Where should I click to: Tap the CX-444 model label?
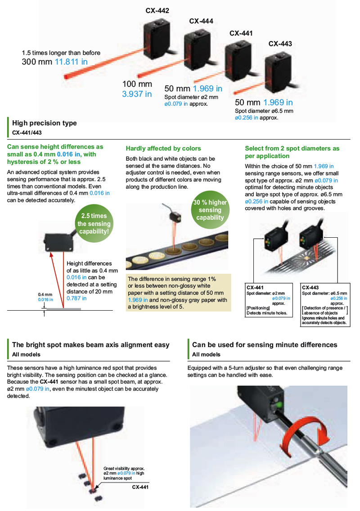pyautogui.click(x=201, y=21)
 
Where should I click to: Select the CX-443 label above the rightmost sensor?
pyautogui.click(x=280, y=44)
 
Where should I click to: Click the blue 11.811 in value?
pyautogui.click(x=71, y=62)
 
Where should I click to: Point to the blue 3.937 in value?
pyautogui.click(x=137, y=94)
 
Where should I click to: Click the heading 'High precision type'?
pyautogui.click(x=45, y=123)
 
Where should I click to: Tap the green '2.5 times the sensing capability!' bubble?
pyautogui.click(x=94, y=224)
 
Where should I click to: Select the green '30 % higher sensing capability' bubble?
pyautogui.click(x=210, y=210)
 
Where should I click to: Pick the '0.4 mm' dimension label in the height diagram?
pyautogui.click(x=45, y=294)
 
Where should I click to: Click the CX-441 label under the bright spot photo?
pyautogui.click(x=140, y=487)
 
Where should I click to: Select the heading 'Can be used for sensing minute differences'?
pyautogui.click(x=265, y=345)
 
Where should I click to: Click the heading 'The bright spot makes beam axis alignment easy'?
pyautogui.click(x=91, y=345)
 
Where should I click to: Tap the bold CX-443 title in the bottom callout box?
pyautogui.click(x=310, y=287)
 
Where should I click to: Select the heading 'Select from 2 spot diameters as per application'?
pyautogui.click(x=292, y=152)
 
